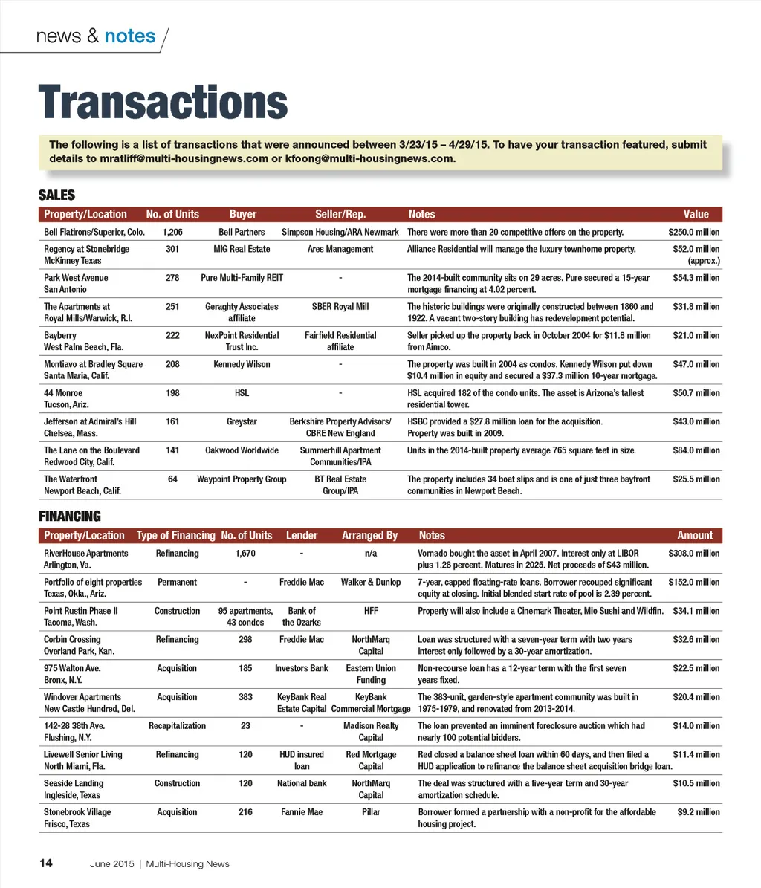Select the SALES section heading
pos(56,195)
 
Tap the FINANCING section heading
pos(69,516)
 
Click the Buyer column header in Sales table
pos(243,214)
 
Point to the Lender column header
pos(301,535)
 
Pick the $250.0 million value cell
pos(694,233)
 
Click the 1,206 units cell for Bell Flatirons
pos(172,233)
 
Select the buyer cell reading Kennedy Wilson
pos(242,364)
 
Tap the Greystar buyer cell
pos(242,422)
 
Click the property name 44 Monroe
pos(63,393)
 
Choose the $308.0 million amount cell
pos(694,554)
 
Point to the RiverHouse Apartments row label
pos(85,554)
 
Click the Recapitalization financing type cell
pos(177,726)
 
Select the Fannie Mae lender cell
pos(302,812)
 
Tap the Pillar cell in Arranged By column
pos(371,812)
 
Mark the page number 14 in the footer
pos(46,863)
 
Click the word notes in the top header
pos(130,36)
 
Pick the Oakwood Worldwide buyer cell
pos(242,450)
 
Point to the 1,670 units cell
pos(245,554)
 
